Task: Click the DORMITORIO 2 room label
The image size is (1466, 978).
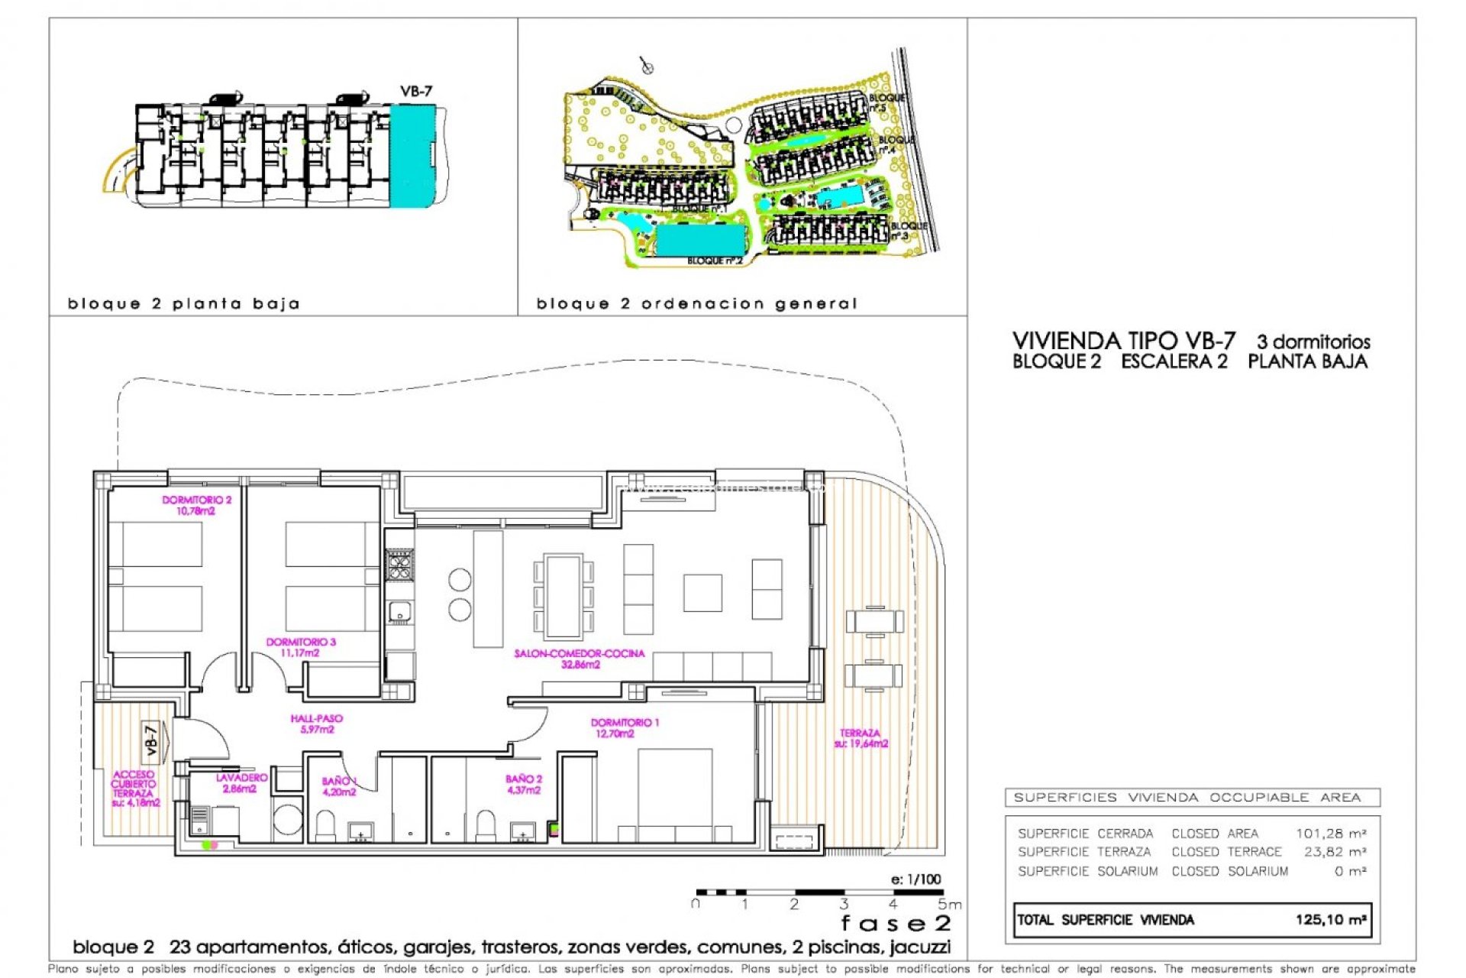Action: (196, 505)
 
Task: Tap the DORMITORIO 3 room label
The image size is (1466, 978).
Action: (300, 647)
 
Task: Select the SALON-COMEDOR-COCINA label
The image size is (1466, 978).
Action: (580, 659)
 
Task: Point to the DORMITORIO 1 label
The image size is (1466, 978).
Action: (624, 727)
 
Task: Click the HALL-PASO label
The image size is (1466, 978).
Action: (316, 724)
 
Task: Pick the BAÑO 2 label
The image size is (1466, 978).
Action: (524, 784)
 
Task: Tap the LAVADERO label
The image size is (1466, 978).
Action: (241, 782)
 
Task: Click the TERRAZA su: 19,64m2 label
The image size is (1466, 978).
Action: (861, 738)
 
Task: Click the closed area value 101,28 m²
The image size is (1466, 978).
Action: (1330, 833)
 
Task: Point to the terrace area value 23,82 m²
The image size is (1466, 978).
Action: (1334, 851)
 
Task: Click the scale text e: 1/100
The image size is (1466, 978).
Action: (915, 879)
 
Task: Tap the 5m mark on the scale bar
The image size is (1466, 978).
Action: (949, 905)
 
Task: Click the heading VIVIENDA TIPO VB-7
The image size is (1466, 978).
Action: (1123, 341)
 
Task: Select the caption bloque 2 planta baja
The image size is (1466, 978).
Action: (183, 304)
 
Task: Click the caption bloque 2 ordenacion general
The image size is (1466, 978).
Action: (696, 304)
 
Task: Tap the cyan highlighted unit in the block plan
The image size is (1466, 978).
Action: (412, 156)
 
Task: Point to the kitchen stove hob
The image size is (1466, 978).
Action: (399, 565)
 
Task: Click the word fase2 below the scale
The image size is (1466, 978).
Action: (896, 924)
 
